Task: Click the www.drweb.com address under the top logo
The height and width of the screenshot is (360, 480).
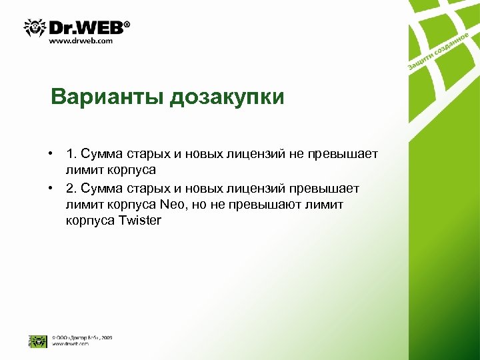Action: pos(81,41)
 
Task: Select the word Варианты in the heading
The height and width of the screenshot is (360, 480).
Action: pos(107,97)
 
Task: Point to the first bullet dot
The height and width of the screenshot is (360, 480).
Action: pos(51,155)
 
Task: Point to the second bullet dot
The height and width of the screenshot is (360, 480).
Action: pos(51,188)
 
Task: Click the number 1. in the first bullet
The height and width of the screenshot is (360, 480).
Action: pos(71,155)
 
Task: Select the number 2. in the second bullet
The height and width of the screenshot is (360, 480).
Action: pos(71,188)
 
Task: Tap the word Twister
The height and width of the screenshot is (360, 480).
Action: pos(139,220)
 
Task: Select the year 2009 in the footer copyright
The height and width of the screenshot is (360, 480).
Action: pos(106,337)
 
